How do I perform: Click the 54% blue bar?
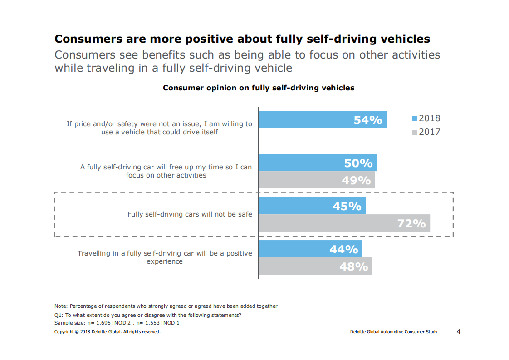tap(322, 120)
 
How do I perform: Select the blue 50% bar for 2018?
tap(318, 163)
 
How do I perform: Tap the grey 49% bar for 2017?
tap(317, 180)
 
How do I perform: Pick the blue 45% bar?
tap(312, 206)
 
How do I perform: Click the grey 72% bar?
tap(344, 223)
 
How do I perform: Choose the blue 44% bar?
tap(310, 249)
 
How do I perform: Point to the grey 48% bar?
tap(315, 266)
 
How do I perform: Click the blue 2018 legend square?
tap(414, 118)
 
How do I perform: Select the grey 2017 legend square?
tap(414, 133)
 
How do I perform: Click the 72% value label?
tap(411, 223)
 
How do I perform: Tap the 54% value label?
tap(368, 120)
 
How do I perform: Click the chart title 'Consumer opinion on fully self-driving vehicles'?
tap(259, 88)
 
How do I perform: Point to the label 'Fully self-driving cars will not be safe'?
tap(190, 214)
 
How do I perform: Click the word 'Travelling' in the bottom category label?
tap(94, 253)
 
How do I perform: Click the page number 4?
tap(459, 331)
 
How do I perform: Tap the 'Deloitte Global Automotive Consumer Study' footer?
tap(394, 332)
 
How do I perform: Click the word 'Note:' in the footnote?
tap(61, 306)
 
